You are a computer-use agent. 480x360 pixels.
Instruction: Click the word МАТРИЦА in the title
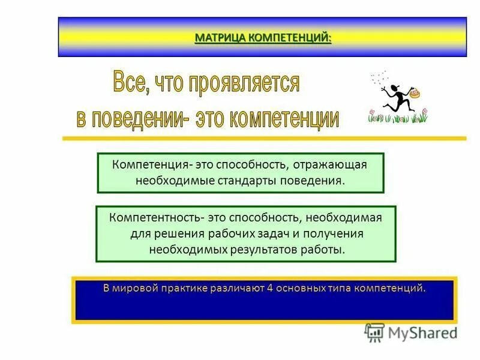pos(220,38)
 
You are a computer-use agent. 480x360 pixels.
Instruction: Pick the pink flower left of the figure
pos(371,112)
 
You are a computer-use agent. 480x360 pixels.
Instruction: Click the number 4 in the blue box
pos(271,288)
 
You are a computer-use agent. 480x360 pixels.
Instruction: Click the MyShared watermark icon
pos(374,332)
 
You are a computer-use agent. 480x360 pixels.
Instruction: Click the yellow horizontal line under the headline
pos(264,138)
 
